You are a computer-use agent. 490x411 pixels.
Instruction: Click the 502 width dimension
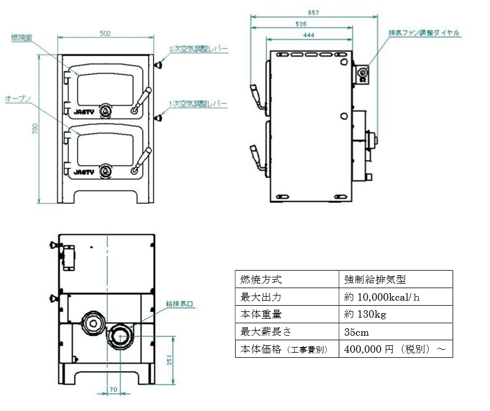coord(105,33)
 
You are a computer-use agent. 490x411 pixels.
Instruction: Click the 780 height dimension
coord(35,129)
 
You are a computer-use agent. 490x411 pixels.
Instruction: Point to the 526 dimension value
coord(301,24)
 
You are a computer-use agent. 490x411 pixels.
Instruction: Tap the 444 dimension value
coord(309,35)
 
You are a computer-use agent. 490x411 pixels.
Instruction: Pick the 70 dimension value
coord(113,390)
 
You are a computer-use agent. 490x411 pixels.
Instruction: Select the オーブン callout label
coord(17,99)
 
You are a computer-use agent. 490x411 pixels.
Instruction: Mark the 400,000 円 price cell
coord(397,349)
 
